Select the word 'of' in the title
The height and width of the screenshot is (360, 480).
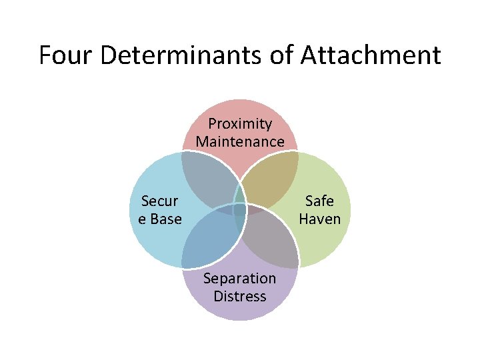pos(282,55)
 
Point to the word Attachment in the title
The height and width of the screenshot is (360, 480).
pos(371,55)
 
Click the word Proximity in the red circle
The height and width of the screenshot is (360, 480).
pos(240,124)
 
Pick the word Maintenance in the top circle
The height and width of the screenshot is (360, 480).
pos(240,142)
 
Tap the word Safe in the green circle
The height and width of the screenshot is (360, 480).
pos(319,201)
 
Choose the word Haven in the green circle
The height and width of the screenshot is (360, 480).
pos(319,219)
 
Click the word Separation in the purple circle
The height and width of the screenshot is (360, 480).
pos(239,278)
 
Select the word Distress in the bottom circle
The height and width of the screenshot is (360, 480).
pos(240,296)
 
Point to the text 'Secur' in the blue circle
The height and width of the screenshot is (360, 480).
pos(160,201)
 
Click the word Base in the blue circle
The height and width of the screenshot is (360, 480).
pos(166,219)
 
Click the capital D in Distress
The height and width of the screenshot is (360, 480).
pos(218,296)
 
